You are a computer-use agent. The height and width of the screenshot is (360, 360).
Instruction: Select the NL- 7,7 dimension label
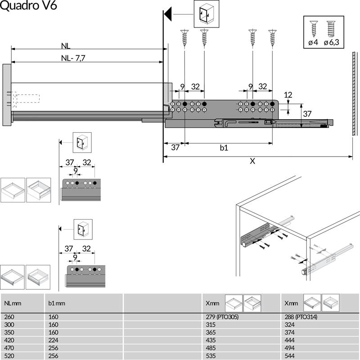point(73,58)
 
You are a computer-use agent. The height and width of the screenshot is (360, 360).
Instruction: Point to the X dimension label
point(252,161)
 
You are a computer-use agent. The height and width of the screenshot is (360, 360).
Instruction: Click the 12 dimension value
point(288,94)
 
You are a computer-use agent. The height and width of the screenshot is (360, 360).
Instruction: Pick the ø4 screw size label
point(313,43)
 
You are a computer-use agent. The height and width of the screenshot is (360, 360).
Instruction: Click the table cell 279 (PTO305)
point(221,317)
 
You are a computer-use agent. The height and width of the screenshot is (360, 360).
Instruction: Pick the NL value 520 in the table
point(9,355)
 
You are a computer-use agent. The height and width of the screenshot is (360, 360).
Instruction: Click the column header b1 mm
point(57,303)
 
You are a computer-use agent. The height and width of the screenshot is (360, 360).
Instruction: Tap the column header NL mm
point(13,303)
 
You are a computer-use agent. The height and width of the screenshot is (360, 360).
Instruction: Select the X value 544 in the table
point(290,355)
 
